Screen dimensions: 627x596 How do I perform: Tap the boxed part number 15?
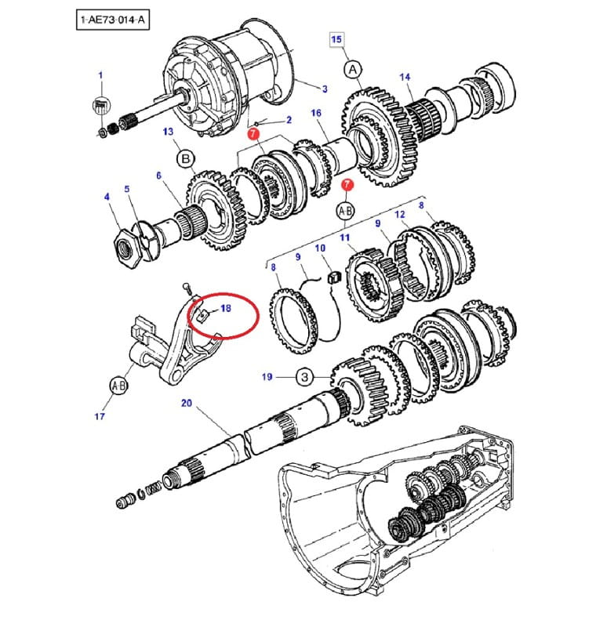336,38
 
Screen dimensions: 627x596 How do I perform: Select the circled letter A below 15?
354,70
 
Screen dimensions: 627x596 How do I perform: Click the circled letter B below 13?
186,160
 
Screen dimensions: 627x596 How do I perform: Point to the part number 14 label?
405,77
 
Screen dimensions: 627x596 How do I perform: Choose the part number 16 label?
316,114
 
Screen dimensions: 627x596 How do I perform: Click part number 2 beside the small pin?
288,120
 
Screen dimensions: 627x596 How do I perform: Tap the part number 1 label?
100,75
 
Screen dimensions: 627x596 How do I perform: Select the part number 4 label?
107,197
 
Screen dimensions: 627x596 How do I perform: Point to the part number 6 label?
158,176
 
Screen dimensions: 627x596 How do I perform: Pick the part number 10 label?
320,248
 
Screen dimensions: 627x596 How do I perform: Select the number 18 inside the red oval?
226,309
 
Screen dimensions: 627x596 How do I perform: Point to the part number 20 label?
186,404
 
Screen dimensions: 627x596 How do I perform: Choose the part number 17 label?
100,416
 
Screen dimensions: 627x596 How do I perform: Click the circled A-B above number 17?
119,386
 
